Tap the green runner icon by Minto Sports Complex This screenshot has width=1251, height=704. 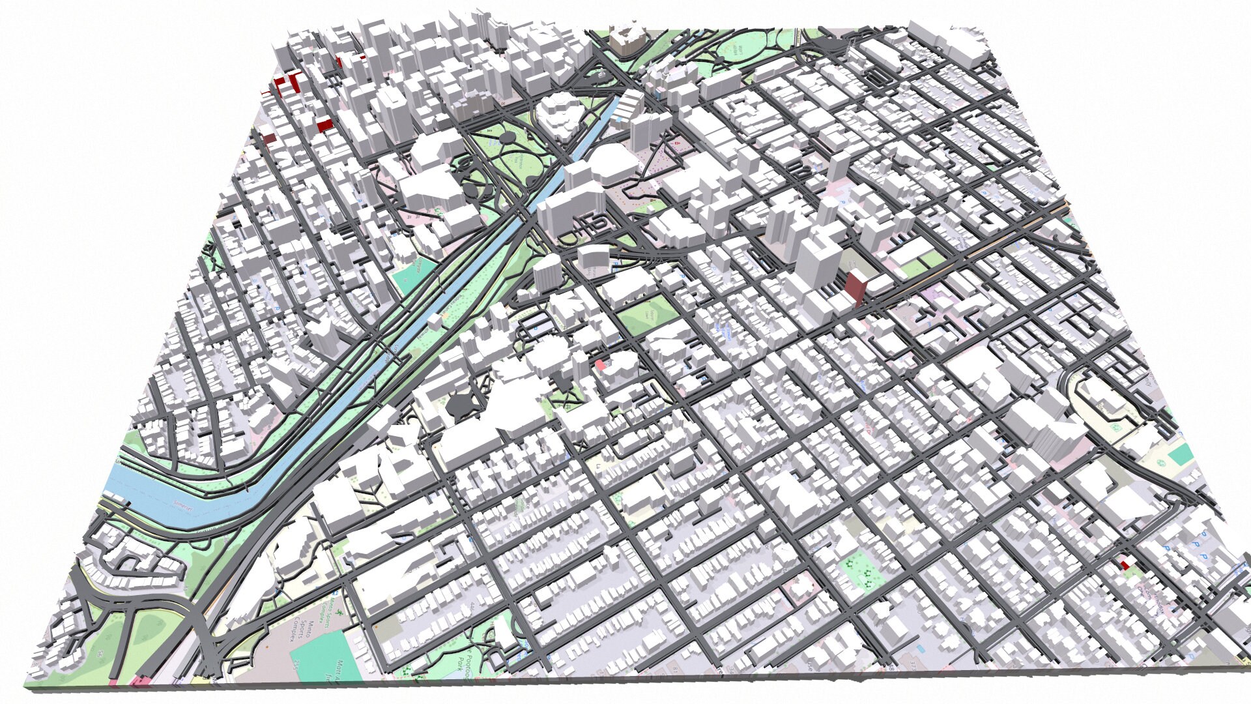tap(334, 593)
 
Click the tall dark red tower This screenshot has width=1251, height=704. tap(855, 287)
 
